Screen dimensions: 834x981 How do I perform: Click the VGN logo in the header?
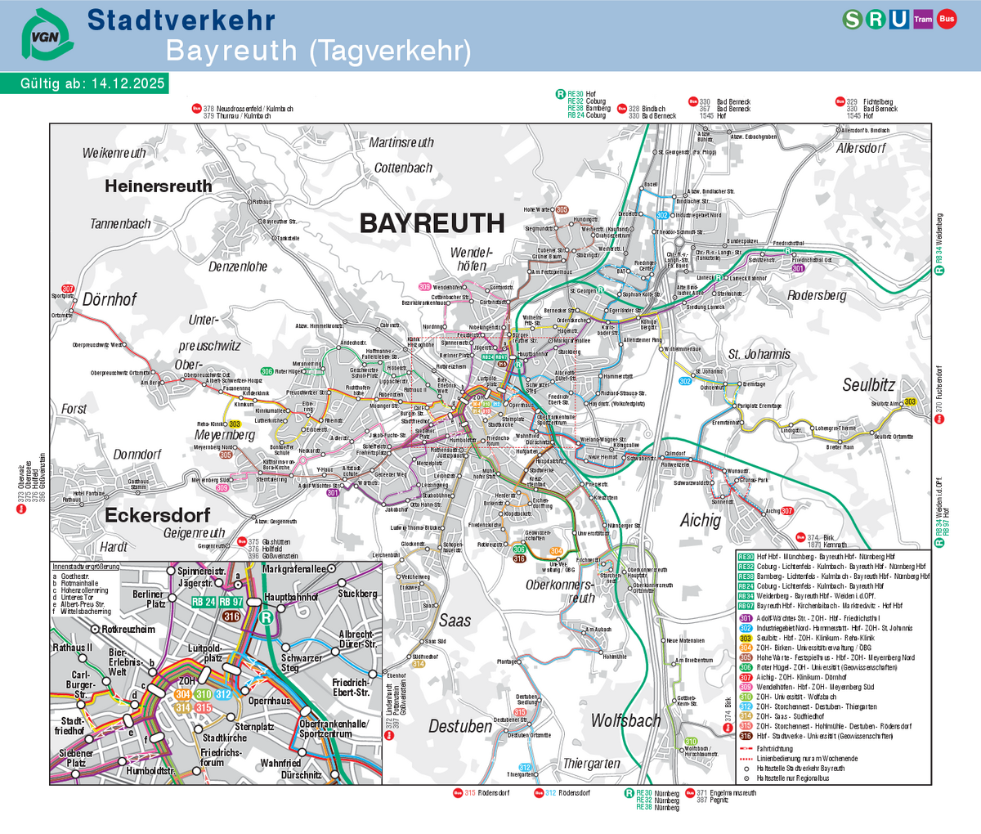47,35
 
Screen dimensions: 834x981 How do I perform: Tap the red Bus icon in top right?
947,19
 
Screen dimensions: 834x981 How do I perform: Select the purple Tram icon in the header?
923,19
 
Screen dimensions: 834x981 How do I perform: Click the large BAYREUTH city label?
432,223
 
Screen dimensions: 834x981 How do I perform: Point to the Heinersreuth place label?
158,186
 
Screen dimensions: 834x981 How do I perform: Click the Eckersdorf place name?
157,515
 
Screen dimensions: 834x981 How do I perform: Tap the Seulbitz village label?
869,384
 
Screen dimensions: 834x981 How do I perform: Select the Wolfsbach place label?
625,720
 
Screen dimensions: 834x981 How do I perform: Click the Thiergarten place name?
591,764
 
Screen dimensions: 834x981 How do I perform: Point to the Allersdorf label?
861,148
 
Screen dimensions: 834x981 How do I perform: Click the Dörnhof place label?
110,299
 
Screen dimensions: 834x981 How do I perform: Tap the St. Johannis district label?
759,354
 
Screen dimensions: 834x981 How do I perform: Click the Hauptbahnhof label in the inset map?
290,598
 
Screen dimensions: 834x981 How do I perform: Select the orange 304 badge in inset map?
183,694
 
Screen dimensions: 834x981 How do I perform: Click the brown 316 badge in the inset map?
231,616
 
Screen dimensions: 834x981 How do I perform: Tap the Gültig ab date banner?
84,83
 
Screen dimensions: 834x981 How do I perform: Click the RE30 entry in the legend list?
746,557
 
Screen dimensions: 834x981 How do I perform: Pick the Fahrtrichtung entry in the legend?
773,748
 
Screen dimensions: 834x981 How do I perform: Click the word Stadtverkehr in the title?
181,20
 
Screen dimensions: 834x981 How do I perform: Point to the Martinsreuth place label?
401,142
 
